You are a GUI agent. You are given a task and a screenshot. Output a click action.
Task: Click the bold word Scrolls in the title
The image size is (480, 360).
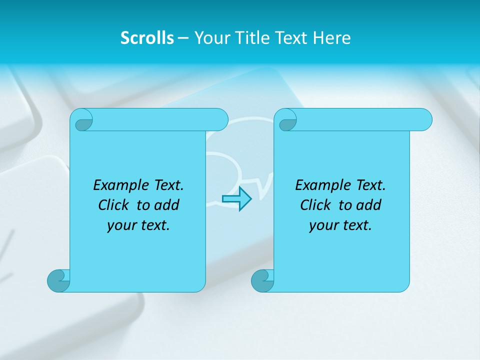pos(147,38)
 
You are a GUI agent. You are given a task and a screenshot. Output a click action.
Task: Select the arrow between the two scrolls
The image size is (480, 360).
pos(236,199)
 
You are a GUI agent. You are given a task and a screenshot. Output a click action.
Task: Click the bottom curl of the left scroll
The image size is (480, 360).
pos(59,280)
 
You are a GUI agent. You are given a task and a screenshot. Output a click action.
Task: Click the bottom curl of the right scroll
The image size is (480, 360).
pos(262,280)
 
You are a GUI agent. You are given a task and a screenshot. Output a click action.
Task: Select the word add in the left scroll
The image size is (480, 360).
pos(166,205)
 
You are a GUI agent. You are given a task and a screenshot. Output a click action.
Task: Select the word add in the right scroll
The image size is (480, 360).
pos(368,205)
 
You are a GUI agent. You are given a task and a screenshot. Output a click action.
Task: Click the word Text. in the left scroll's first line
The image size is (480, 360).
pos(166,185)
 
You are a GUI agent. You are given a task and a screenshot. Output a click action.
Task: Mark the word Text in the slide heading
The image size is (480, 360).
pos(293,38)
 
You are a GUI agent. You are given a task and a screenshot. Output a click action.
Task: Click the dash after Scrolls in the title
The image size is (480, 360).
pos(183,38)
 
